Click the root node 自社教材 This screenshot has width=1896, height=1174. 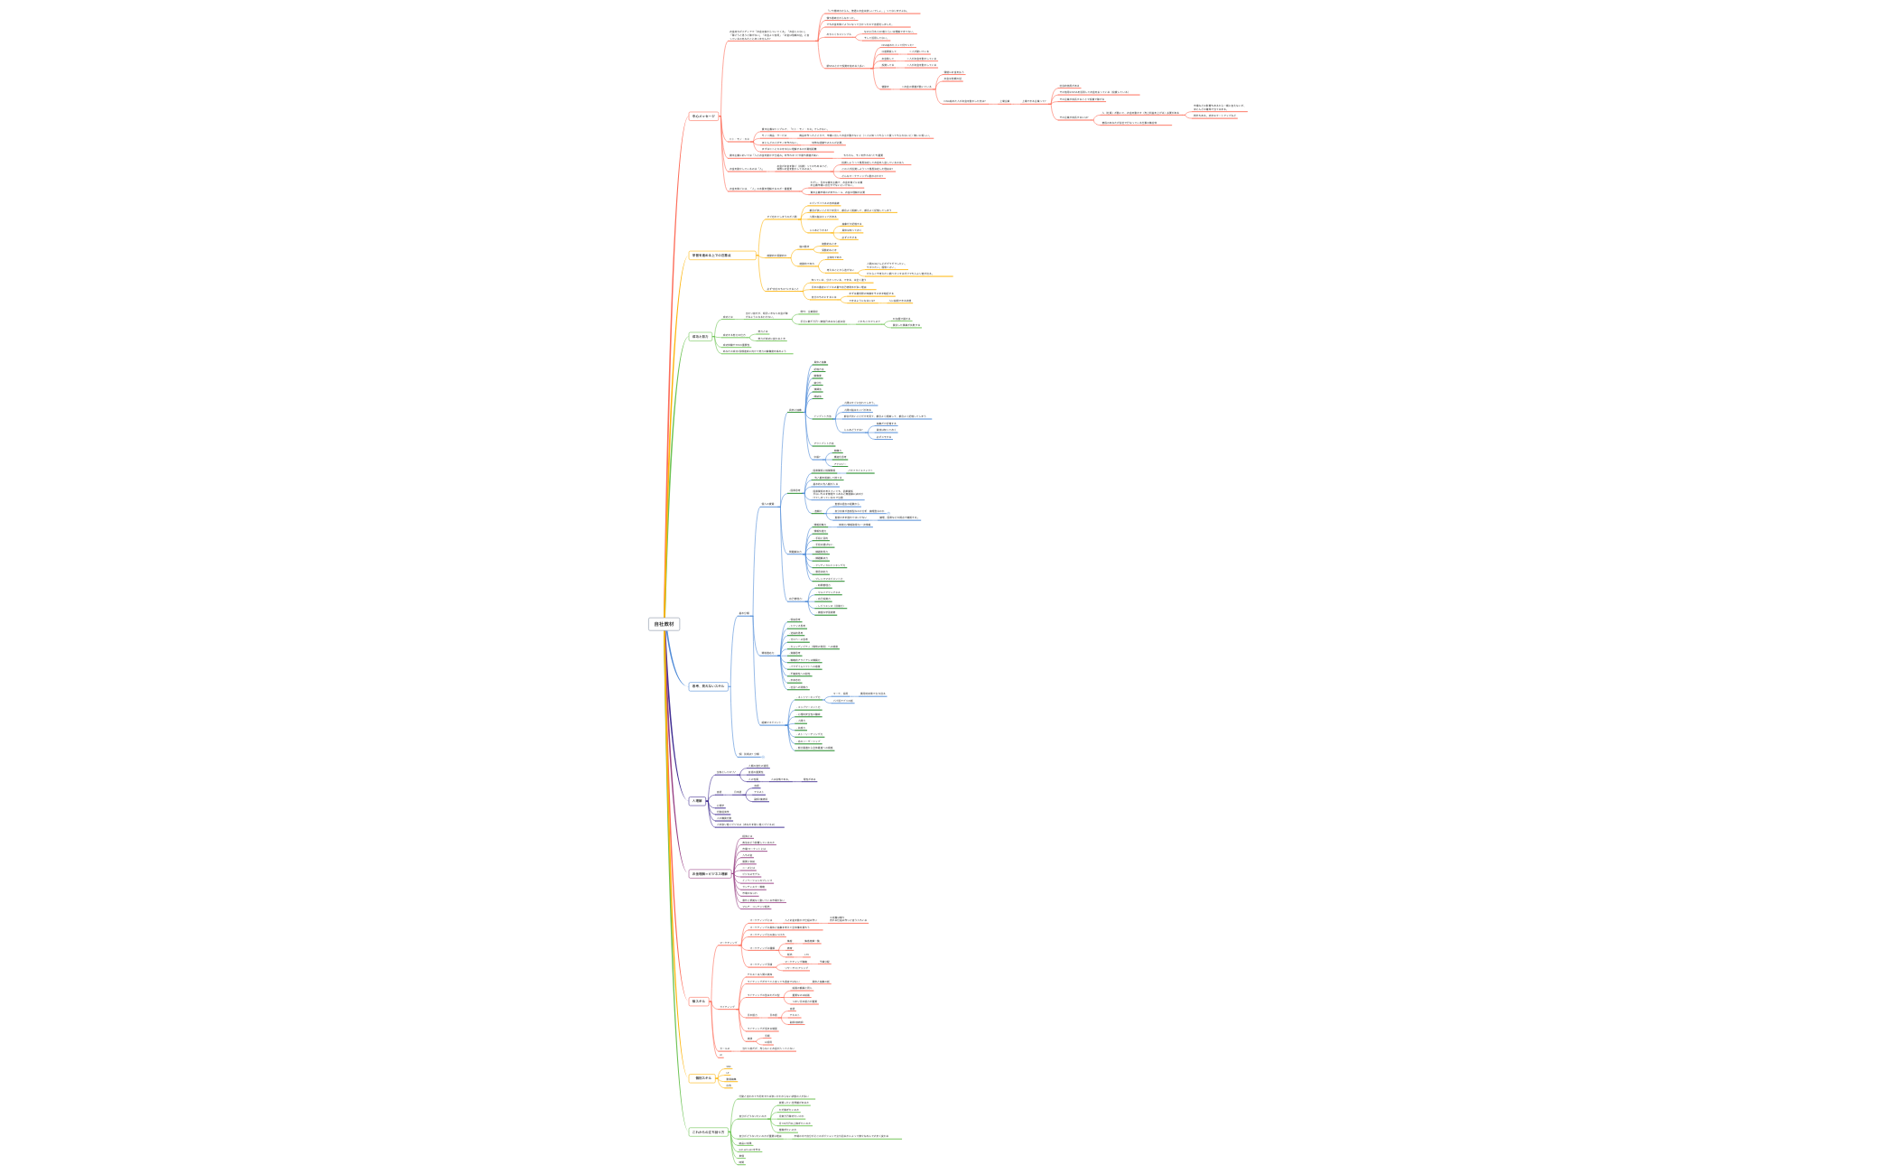tap(664, 624)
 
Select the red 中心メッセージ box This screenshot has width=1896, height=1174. tap(703, 116)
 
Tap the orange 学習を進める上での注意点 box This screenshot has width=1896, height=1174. tap(711, 256)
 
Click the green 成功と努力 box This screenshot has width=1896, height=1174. tap(701, 337)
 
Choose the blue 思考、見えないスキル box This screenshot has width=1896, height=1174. tap(708, 686)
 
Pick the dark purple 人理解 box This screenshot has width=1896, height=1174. tap(697, 801)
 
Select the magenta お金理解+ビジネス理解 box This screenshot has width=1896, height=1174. tap(710, 874)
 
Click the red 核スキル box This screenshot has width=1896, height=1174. tap(699, 1002)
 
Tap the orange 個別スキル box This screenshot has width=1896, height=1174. tap(703, 1078)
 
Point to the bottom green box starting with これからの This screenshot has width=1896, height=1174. tap(708, 1132)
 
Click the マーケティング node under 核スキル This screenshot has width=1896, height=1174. tap(728, 943)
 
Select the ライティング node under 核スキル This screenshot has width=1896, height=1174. tap(728, 1006)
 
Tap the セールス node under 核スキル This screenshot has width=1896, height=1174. tap(724, 1048)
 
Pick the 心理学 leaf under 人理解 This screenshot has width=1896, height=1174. tap(720, 806)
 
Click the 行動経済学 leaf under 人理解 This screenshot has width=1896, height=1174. tap(722, 812)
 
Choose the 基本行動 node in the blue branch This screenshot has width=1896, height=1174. tap(744, 613)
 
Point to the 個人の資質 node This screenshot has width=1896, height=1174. tap(767, 504)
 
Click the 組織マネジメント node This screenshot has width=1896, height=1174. tap(771, 722)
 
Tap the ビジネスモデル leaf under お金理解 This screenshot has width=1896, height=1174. tap(751, 874)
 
